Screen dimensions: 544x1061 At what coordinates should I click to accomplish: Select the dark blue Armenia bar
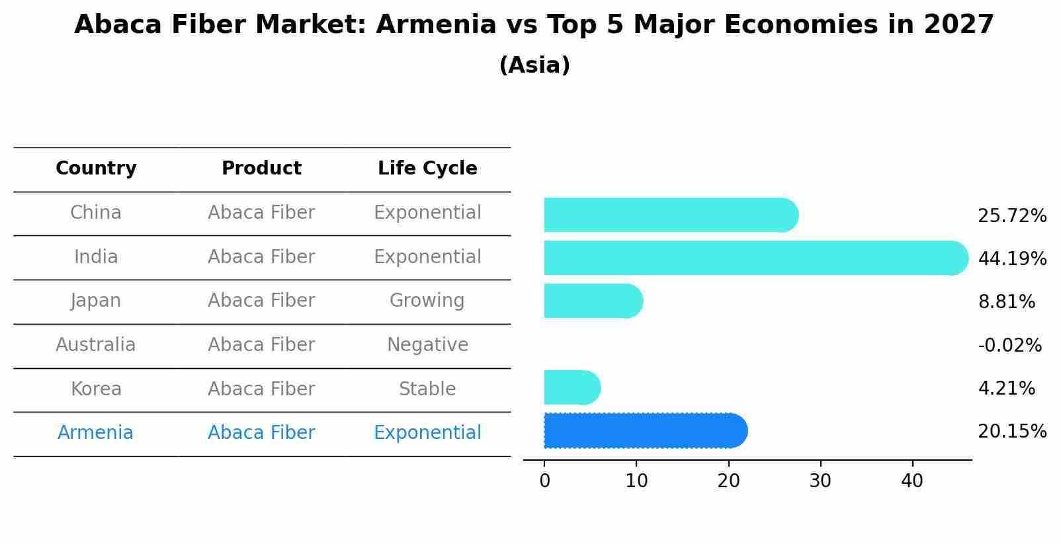click(x=645, y=431)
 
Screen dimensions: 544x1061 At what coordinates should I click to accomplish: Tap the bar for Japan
click(x=593, y=301)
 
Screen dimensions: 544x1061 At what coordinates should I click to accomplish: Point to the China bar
click(x=669, y=215)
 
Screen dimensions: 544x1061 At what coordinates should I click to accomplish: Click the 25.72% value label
click(x=1011, y=216)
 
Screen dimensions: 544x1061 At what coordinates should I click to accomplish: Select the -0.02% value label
click(x=1009, y=346)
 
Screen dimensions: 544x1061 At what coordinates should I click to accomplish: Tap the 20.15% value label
click(x=1011, y=432)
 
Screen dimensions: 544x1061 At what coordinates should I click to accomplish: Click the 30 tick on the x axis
click(x=820, y=481)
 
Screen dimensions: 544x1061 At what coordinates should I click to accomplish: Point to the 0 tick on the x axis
click(x=544, y=481)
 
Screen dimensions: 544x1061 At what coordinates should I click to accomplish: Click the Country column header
click(x=96, y=169)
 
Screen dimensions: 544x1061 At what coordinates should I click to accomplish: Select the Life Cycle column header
click(x=427, y=169)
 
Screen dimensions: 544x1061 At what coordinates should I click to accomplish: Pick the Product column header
click(x=261, y=169)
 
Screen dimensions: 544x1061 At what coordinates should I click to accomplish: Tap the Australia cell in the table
click(x=96, y=345)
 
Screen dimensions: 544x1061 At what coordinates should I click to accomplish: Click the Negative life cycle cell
click(x=427, y=345)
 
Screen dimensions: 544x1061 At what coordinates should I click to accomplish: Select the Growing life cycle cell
click(x=427, y=301)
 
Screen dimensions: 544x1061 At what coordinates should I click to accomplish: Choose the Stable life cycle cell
click(x=427, y=389)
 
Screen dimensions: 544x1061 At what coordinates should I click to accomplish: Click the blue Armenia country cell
click(x=96, y=433)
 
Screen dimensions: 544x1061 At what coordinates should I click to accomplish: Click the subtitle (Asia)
click(x=534, y=65)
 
